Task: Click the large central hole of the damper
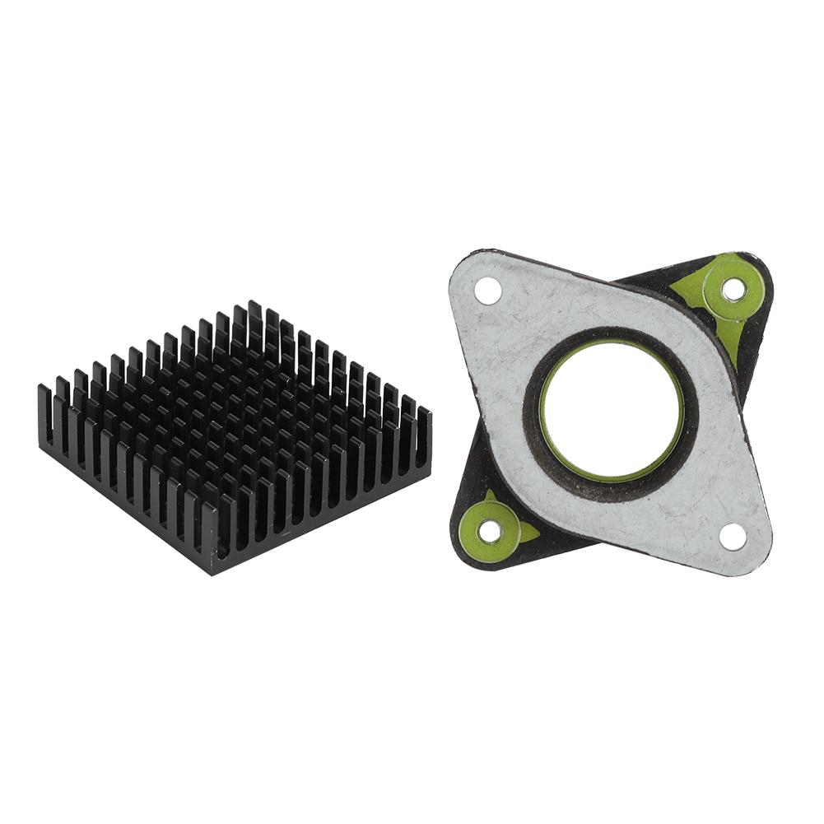(611, 412)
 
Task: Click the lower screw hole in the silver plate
(732, 535)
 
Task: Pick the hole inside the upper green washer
(732, 289)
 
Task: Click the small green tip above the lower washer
(492, 496)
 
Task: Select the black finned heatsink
(235, 436)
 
